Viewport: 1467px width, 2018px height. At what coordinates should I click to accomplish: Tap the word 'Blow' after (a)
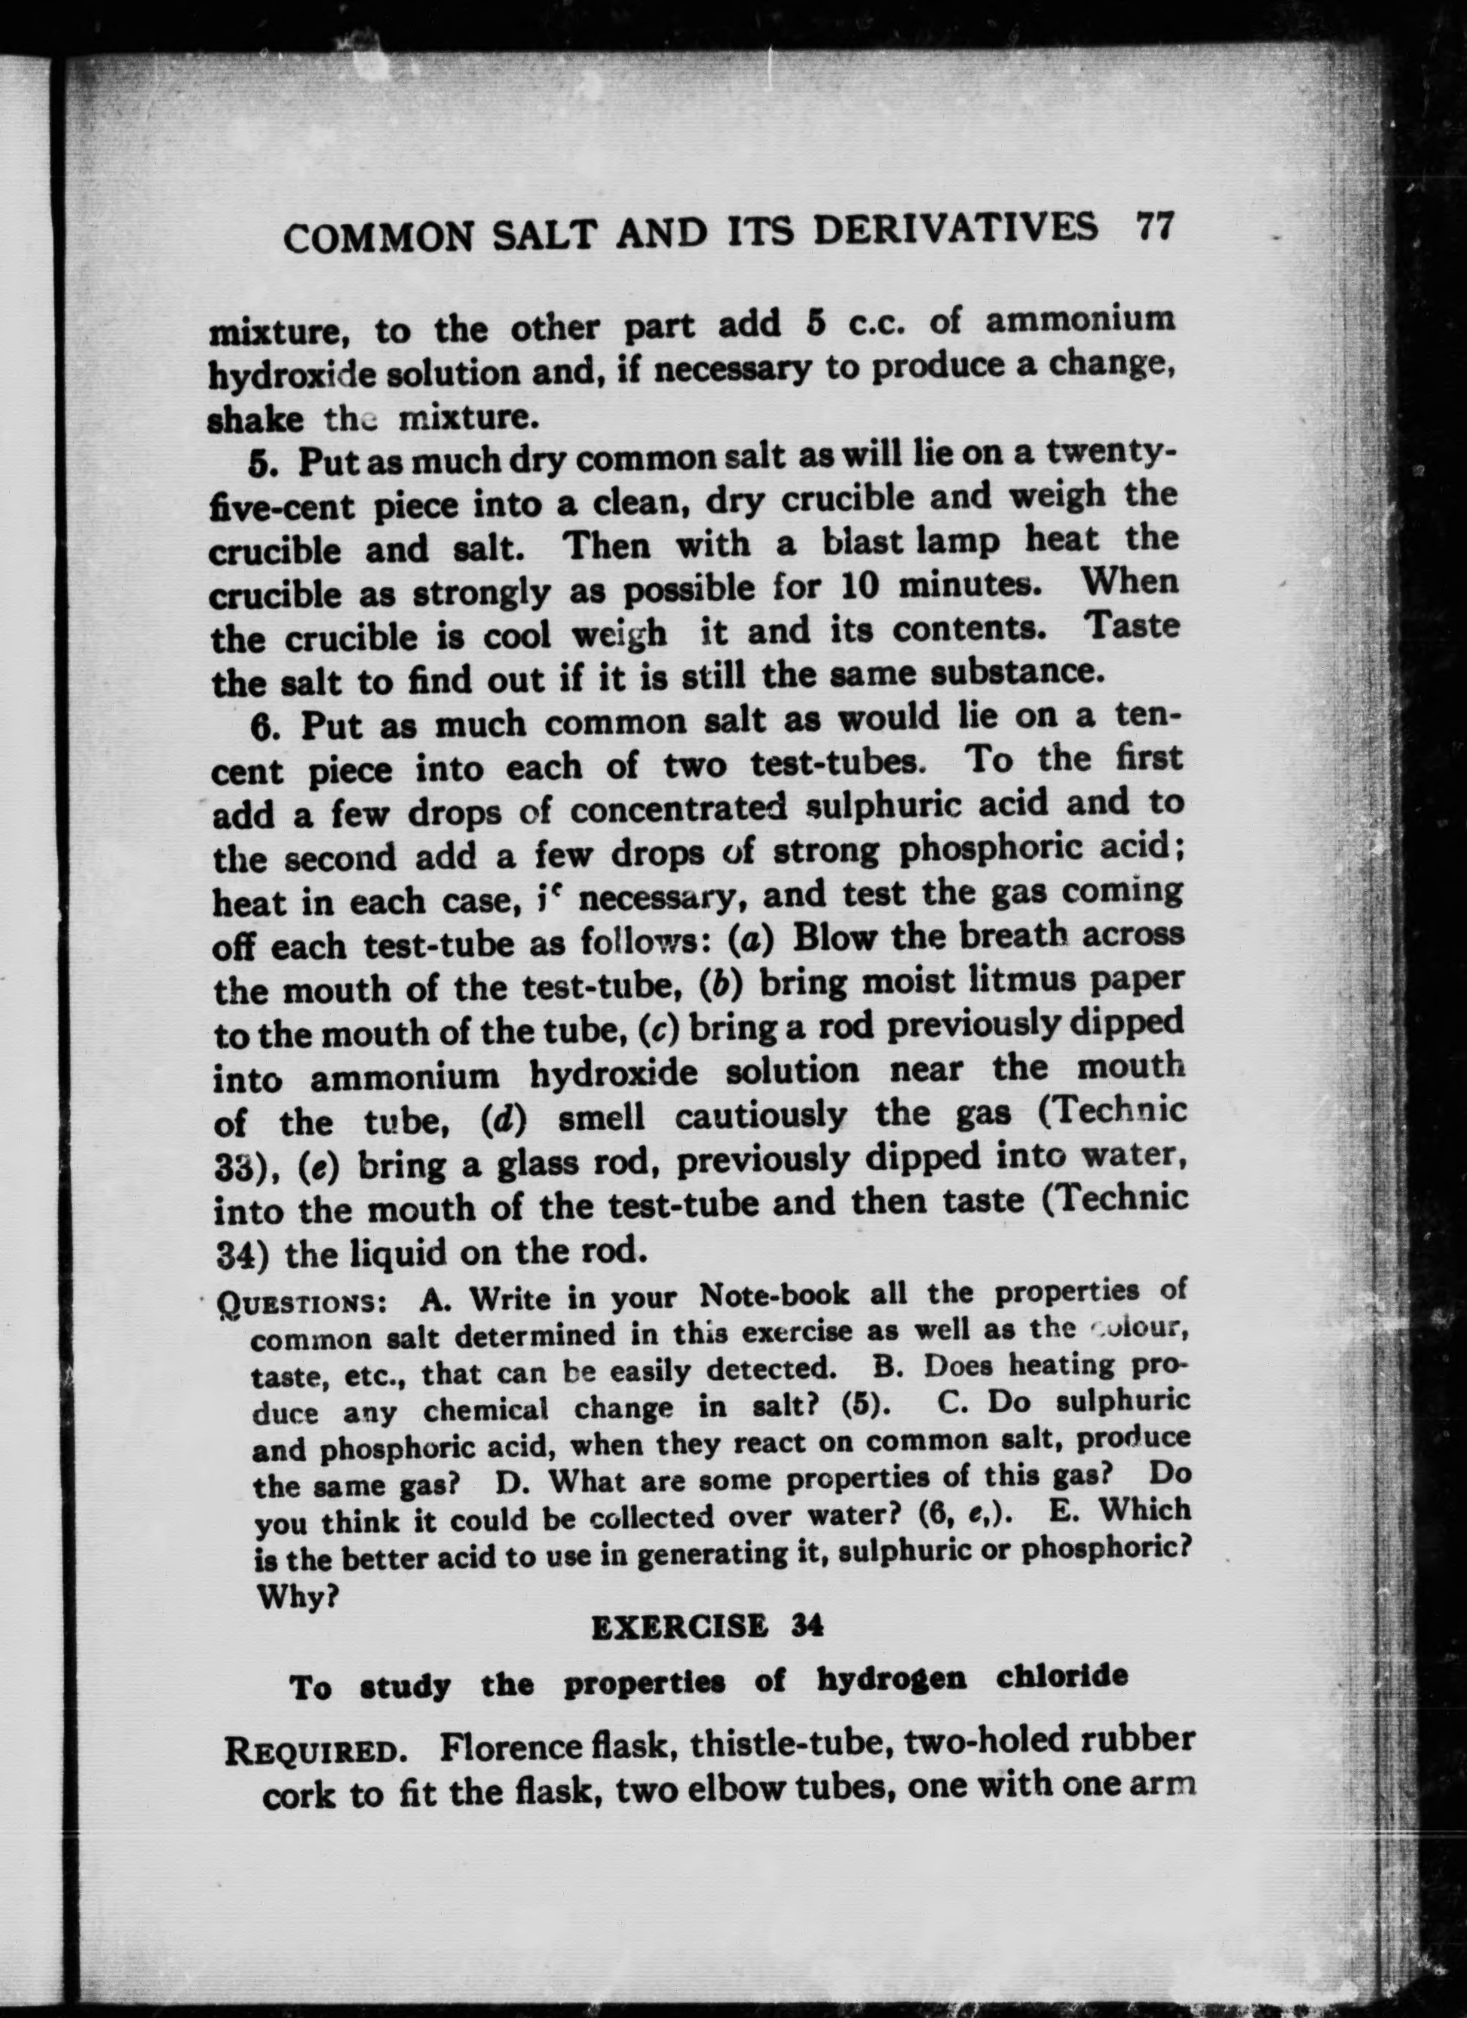[835, 936]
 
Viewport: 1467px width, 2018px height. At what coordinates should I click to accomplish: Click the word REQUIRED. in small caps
[315, 1751]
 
